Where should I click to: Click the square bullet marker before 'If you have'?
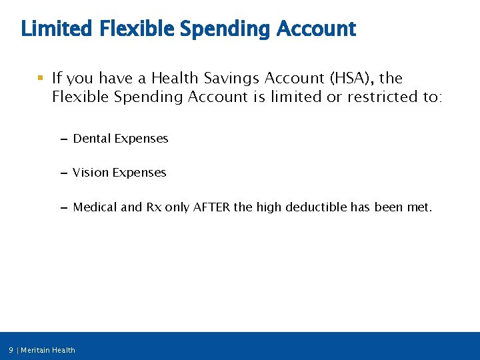[41, 79]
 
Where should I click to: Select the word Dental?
[92, 139]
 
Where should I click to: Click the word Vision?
[91, 173]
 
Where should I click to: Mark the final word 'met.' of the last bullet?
[419, 207]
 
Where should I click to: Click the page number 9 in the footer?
[11, 350]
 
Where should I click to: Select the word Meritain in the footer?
[37, 350]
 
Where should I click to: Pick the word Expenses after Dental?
[141, 139]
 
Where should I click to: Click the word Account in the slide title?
[316, 29]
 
